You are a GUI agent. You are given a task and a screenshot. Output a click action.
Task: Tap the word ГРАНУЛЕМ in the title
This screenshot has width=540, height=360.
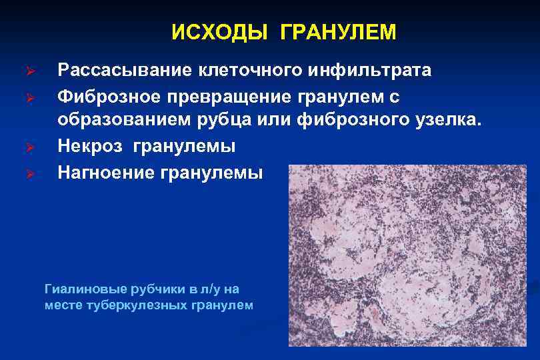pos(338,33)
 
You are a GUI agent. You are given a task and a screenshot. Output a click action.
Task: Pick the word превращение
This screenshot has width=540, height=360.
pos(225,97)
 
